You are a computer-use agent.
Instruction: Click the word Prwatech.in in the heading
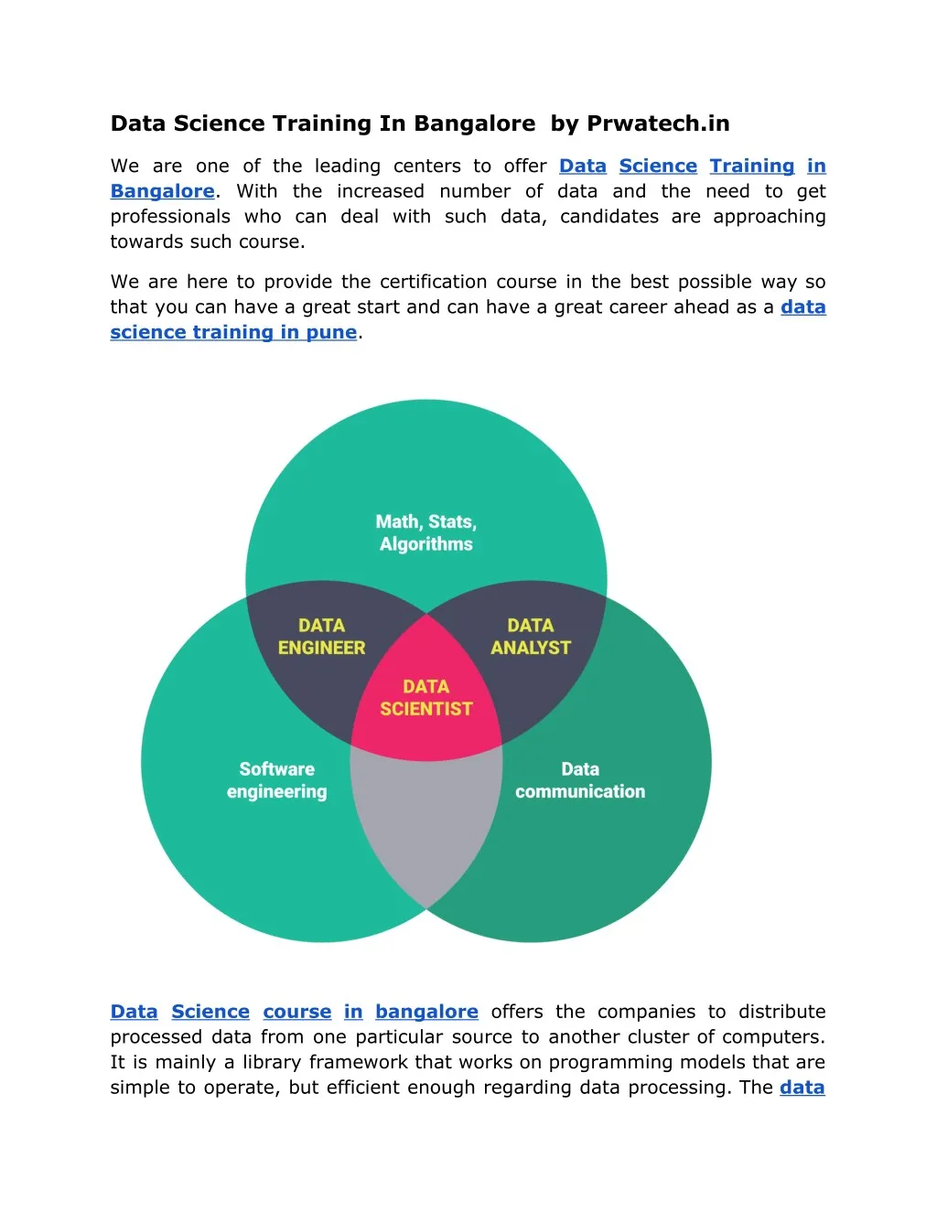pyautogui.click(x=658, y=123)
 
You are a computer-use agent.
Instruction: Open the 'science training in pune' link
pyautogui.click(x=233, y=332)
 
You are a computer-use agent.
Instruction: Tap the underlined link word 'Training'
pyautogui.click(x=752, y=166)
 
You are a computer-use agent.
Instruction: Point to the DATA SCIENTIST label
pyautogui.click(x=426, y=698)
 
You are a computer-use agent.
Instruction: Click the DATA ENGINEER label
pyautogui.click(x=321, y=637)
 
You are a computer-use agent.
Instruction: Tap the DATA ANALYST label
pyautogui.click(x=531, y=637)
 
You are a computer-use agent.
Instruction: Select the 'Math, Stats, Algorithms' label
pyautogui.click(x=426, y=532)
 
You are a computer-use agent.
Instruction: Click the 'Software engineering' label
pyautogui.click(x=276, y=780)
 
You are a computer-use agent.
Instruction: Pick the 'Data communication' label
pyautogui.click(x=580, y=780)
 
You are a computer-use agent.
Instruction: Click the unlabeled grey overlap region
pyautogui.click(x=426, y=825)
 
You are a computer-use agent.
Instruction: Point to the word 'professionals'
pyautogui.click(x=170, y=217)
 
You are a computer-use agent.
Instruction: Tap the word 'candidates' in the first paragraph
pyautogui.click(x=609, y=217)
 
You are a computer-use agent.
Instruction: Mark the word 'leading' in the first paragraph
pyautogui.click(x=348, y=166)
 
